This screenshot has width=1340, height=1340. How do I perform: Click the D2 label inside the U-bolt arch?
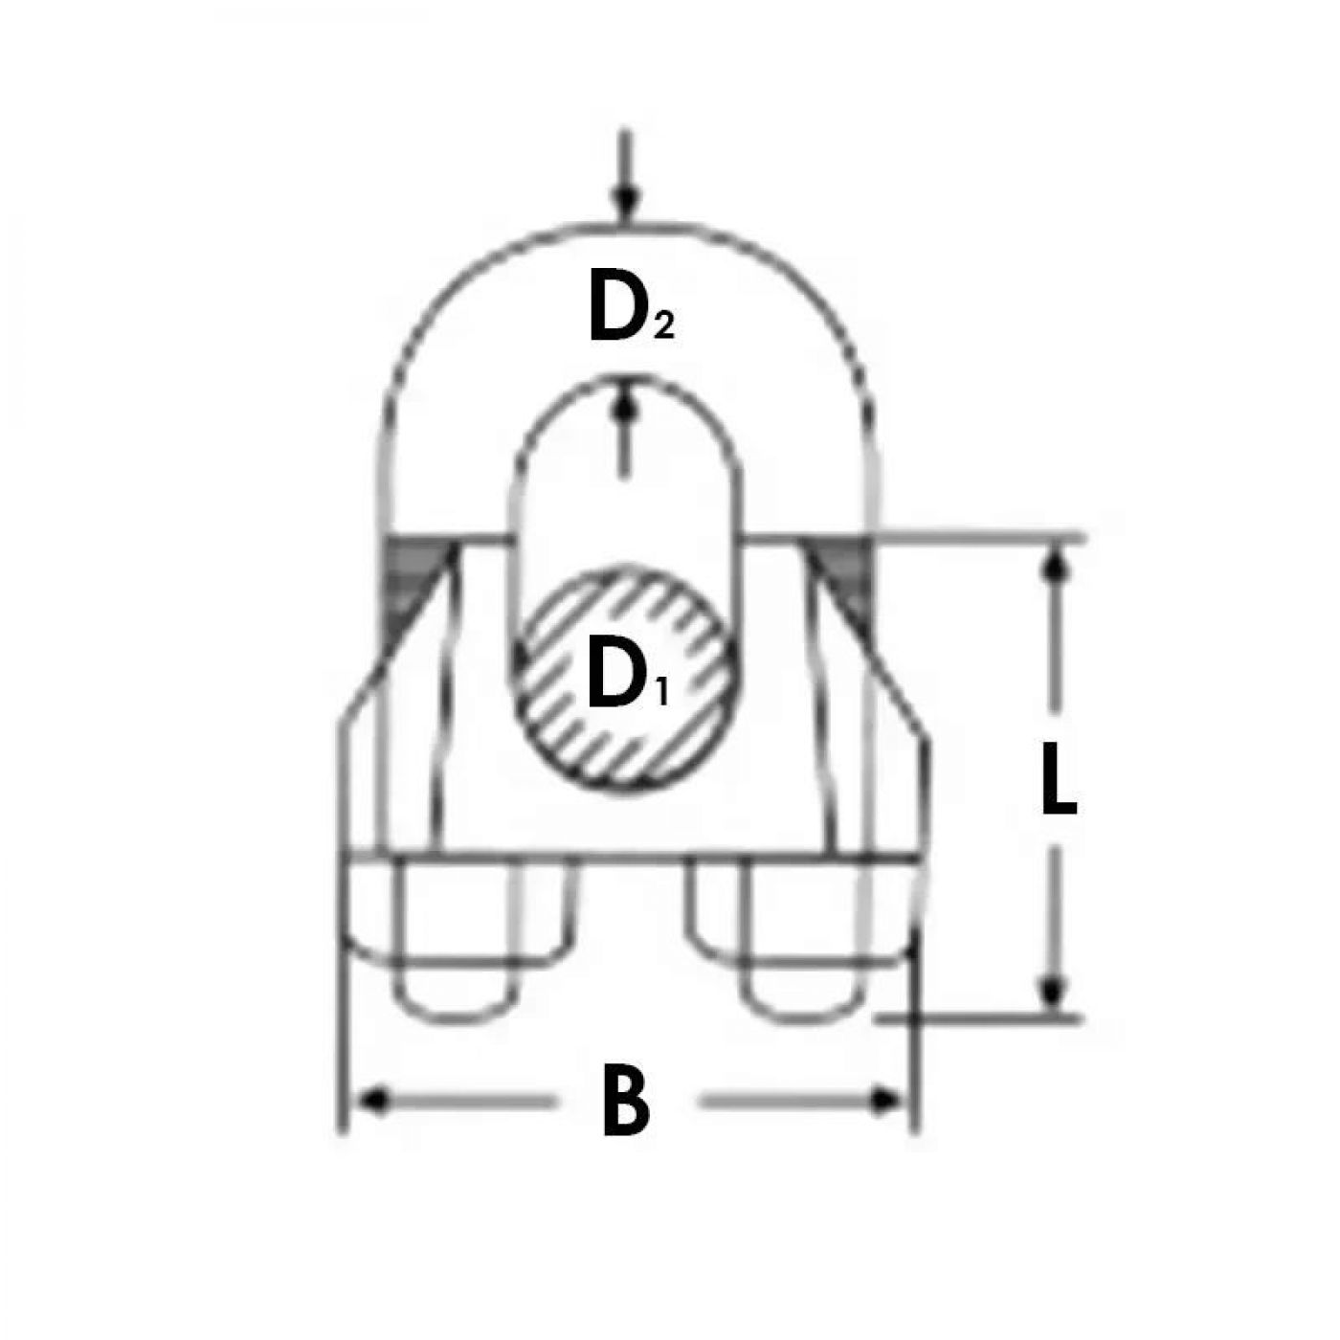[x=630, y=317]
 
